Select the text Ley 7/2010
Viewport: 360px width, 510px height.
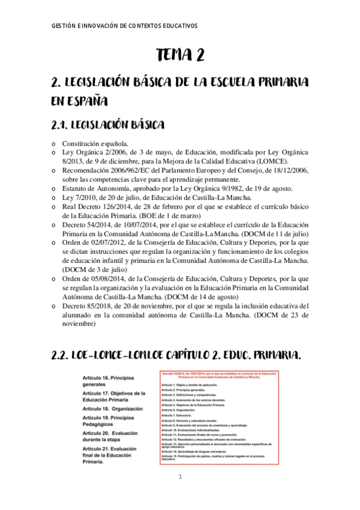tap(78, 197)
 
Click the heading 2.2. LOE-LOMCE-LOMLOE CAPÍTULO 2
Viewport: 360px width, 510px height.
tap(177, 356)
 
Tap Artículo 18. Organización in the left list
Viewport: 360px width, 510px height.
tap(112, 408)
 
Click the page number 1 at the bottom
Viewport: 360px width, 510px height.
tap(180, 478)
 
